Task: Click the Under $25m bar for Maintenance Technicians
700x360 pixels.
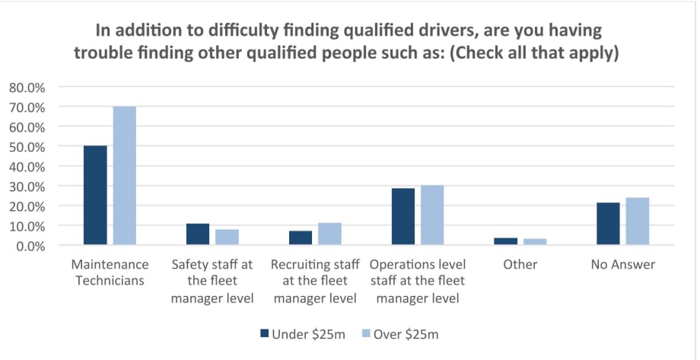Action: (x=95, y=196)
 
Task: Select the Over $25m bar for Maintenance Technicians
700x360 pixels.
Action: (x=124, y=176)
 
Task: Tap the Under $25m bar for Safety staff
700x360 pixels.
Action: (x=198, y=234)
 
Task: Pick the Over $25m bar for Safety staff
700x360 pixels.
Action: (x=227, y=237)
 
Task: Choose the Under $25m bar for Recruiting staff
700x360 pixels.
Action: (x=300, y=238)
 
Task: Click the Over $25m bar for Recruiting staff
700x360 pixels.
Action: (x=329, y=234)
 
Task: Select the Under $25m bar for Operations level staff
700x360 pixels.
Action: (x=403, y=217)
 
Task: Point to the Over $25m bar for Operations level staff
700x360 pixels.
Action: (x=432, y=215)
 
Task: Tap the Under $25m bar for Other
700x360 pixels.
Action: (x=505, y=241)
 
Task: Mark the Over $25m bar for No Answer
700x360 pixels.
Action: (x=638, y=221)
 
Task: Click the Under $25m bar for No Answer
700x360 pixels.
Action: (x=608, y=224)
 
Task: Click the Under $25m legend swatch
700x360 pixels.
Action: (x=265, y=333)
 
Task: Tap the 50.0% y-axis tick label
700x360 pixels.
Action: (x=27, y=146)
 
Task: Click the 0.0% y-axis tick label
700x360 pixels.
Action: (x=30, y=246)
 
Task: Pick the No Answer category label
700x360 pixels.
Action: (x=622, y=265)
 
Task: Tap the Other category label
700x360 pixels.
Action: (x=520, y=265)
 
